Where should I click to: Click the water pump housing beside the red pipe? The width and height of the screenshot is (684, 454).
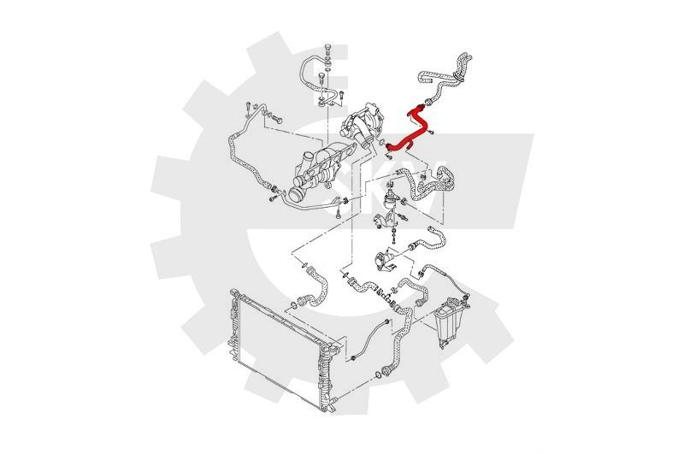pos(362,122)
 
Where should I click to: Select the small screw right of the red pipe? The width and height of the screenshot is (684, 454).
pos(431,133)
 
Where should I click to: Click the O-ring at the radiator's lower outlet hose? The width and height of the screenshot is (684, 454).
pos(377,375)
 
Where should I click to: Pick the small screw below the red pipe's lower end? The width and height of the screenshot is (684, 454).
pos(388,156)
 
